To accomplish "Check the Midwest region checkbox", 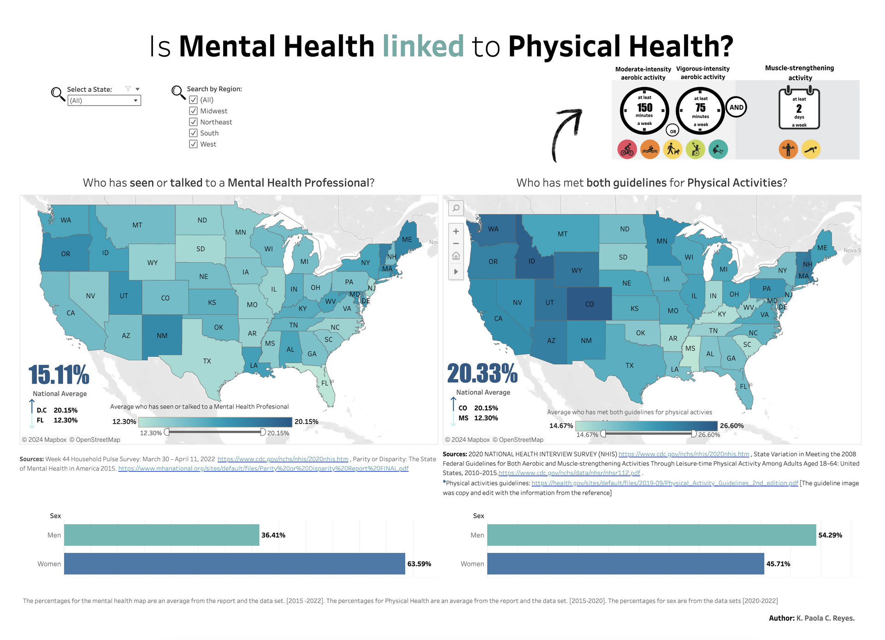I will [x=194, y=111].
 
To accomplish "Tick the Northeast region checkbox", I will [x=194, y=122].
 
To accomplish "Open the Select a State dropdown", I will [x=104, y=101].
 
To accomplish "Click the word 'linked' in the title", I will [x=423, y=47].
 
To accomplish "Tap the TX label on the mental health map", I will [x=207, y=361].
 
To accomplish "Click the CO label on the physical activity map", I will [x=590, y=304].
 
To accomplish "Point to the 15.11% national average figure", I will [x=59, y=374].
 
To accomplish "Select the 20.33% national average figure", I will [x=482, y=373].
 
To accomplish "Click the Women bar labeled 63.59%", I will [x=234, y=563].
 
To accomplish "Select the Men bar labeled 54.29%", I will [x=651, y=535].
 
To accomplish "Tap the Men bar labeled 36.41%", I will [x=161, y=535].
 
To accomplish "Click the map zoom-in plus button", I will [x=456, y=231].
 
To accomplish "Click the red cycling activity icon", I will [x=627, y=149].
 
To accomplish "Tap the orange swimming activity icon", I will [x=650, y=149].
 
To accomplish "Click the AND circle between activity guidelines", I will [x=736, y=107].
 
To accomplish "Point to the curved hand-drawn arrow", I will [x=565, y=134].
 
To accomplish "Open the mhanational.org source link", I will [x=263, y=468].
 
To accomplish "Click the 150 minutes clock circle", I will [x=644, y=111].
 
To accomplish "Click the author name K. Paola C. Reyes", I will [x=825, y=618].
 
